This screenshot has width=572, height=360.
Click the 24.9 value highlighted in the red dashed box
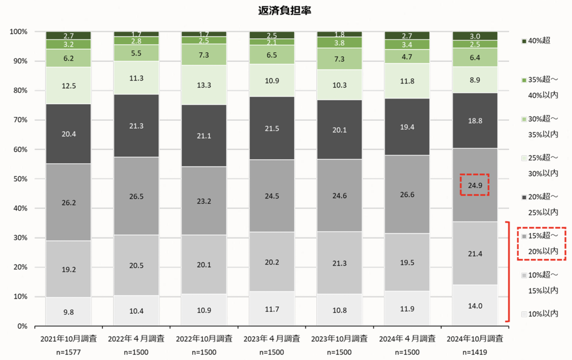tap(475, 185)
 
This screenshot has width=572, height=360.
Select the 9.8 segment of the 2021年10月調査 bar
tap(69, 312)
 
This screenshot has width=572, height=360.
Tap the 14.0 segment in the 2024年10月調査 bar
tap(475, 306)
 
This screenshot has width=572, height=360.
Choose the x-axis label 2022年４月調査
tap(136, 339)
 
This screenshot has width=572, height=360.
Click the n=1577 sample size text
tap(69, 352)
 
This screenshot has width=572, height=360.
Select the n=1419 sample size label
tap(475, 352)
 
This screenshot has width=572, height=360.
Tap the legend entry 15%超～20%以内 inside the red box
tap(541, 243)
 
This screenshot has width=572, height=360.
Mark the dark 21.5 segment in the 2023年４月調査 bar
tap(272, 128)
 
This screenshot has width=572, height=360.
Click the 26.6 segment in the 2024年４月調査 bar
tap(407, 194)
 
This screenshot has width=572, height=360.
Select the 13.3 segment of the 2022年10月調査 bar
tap(204, 85)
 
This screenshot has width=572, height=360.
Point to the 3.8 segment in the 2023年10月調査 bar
tap(339, 43)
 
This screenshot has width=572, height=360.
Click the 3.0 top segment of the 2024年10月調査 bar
tap(475, 36)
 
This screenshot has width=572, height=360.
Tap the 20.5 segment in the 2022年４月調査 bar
tap(136, 265)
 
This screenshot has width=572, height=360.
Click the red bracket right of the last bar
tap(508, 271)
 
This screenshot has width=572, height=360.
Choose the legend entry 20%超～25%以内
tap(541, 204)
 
